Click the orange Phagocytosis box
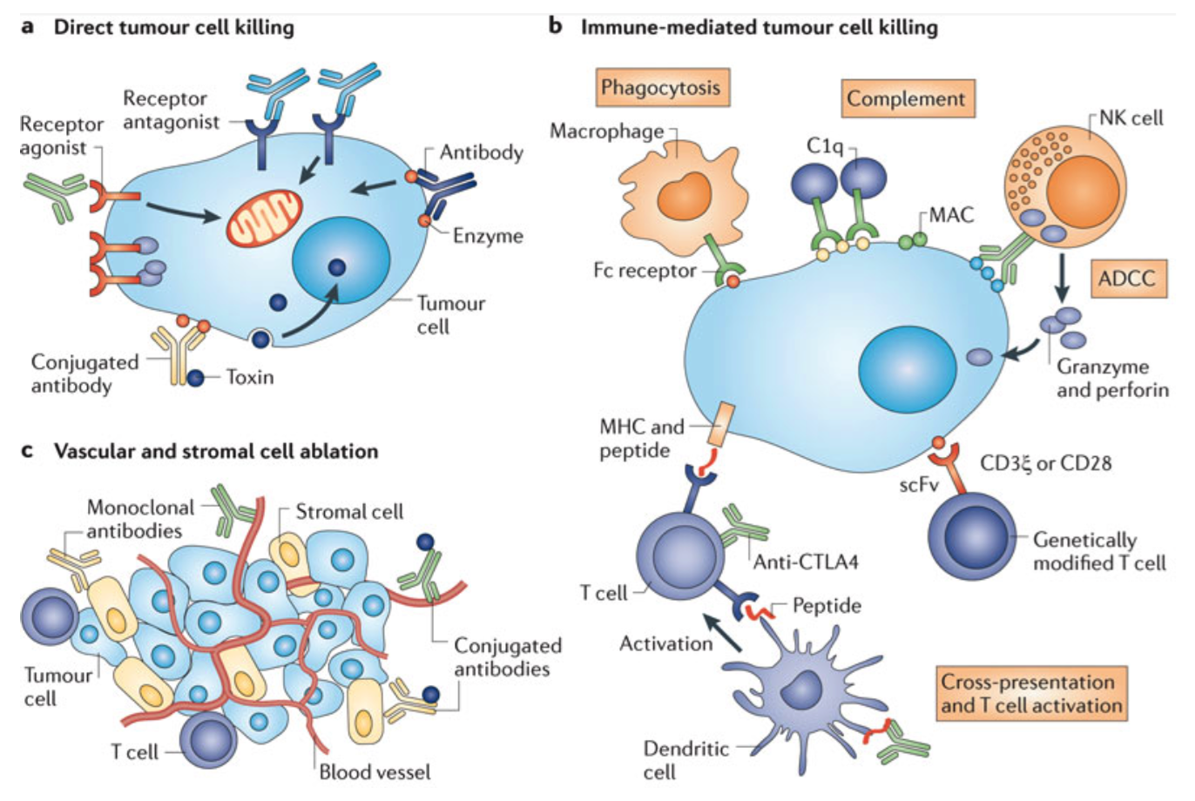pos(661,88)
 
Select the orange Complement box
pos(906,98)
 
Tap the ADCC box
pos(1127,279)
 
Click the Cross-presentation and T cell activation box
pos(1030,694)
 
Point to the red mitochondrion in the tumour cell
pos(265,218)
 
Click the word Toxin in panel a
pos(250,377)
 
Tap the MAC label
pos(951,214)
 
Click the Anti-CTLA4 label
pos(806,562)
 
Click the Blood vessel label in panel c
pos(375,771)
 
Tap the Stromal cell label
pos(349,512)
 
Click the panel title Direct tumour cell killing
pos(173,27)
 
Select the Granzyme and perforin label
pos(1112,378)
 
